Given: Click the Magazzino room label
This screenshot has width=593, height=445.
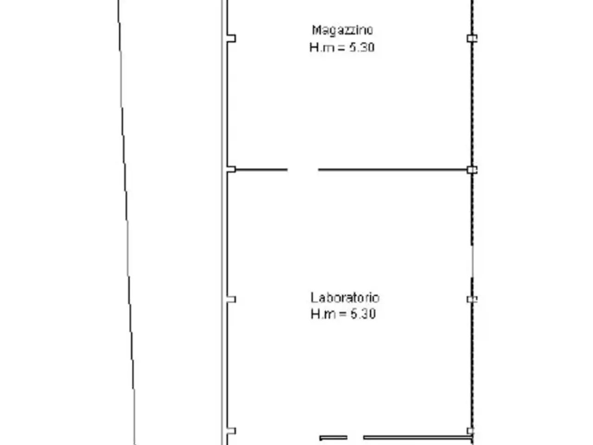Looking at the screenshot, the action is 342,30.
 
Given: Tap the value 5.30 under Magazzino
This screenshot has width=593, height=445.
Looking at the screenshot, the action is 362,48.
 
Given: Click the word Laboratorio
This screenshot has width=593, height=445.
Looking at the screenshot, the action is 345,298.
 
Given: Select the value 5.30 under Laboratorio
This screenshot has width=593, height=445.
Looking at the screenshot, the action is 363,314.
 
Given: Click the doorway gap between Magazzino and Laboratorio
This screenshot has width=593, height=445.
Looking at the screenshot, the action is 303,170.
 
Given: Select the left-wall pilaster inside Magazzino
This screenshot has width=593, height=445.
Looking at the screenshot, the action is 231,38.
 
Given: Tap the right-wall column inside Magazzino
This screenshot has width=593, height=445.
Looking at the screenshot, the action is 472,38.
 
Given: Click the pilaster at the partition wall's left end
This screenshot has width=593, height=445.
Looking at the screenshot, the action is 231,169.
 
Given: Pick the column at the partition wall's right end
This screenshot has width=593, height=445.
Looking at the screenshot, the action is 472,170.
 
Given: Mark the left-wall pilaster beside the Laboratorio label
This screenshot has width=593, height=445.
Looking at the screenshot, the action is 231,299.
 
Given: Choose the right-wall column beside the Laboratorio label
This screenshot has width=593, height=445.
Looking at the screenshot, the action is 472,299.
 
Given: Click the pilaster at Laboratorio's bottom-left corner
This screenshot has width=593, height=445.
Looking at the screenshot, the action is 231,431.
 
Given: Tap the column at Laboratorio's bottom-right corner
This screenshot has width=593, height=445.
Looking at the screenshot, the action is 470,431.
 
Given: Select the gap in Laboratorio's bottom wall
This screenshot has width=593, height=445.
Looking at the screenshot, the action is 355,438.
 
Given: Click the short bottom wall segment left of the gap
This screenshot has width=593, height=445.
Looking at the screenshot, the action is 334,438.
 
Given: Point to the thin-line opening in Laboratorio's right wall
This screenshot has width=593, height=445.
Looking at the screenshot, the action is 473,261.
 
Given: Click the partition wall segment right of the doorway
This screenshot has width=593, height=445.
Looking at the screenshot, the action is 393,170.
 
